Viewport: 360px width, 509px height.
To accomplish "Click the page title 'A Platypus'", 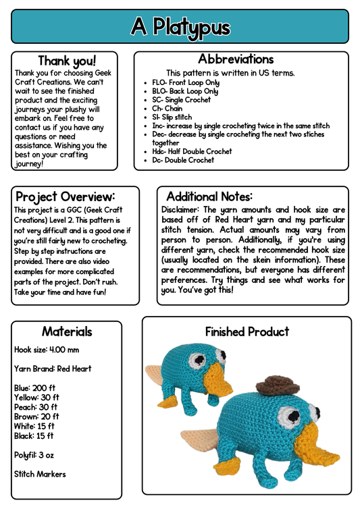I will tap(180, 26).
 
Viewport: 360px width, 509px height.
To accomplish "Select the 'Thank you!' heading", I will tap(67, 61).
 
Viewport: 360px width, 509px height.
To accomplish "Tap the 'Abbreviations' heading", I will tap(236, 59).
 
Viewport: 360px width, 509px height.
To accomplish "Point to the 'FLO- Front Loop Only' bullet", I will tap(186, 82).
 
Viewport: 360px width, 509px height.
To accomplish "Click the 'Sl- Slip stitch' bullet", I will tap(172, 117).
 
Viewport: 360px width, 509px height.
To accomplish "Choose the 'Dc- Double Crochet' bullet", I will tap(183, 160).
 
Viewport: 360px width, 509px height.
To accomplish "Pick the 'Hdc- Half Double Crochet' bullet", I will tap(192, 151).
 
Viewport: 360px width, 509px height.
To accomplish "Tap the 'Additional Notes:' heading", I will tap(209, 196).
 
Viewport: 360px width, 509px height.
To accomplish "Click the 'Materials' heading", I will tap(67, 331).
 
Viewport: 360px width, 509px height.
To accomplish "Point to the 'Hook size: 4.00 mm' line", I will tap(47, 350).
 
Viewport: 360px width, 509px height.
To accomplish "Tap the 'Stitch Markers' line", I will tap(40, 474).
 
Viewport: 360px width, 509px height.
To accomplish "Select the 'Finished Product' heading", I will tap(247, 331).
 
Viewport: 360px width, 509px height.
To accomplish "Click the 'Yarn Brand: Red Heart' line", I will tap(53, 369).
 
